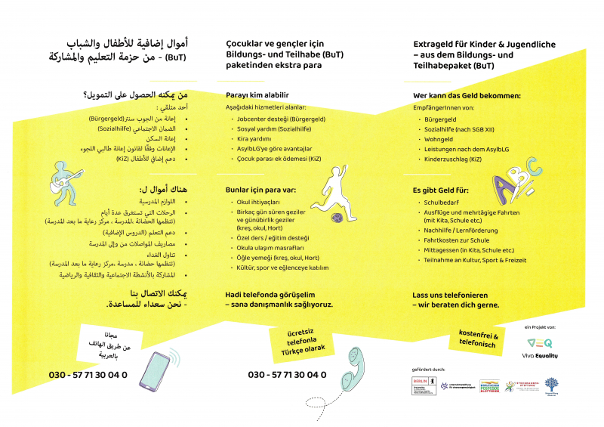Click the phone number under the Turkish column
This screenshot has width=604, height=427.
tap(287, 375)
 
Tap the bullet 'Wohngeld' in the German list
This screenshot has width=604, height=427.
tap(439, 139)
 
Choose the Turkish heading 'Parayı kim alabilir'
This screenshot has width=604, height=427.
tap(257, 95)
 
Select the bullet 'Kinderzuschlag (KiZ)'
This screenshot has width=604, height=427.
tap(453, 159)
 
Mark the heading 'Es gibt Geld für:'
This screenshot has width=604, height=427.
tap(442, 189)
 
